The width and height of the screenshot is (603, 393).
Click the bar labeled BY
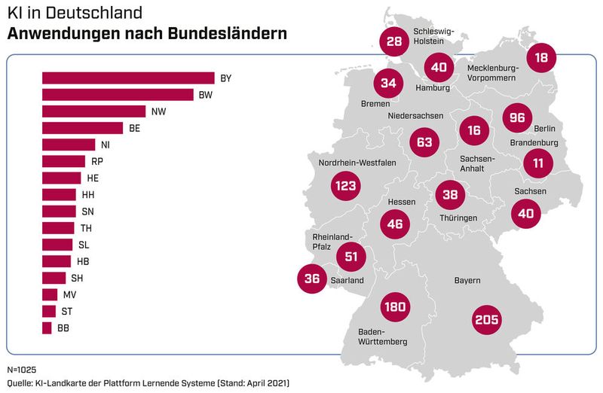click(128, 78)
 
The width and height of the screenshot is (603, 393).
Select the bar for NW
click(93, 111)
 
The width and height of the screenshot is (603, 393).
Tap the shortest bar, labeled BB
click(47, 327)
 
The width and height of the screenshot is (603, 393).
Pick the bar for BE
click(82, 128)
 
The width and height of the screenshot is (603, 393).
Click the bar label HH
click(88, 194)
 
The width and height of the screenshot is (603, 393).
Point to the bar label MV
click(69, 294)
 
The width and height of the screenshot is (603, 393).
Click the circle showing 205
click(486, 319)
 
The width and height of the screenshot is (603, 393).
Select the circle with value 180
click(394, 306)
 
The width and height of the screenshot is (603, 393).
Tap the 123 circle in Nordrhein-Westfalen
click(346, 185)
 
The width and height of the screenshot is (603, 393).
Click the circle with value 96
click(516, 118)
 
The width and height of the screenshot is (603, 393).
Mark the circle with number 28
click(394, 41)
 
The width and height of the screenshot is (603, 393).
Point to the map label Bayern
click(467, 281)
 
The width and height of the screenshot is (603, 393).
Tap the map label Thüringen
click(458, 218)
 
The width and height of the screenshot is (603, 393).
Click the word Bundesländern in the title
click(224, 34)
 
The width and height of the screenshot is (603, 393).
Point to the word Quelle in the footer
click(20, 383)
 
